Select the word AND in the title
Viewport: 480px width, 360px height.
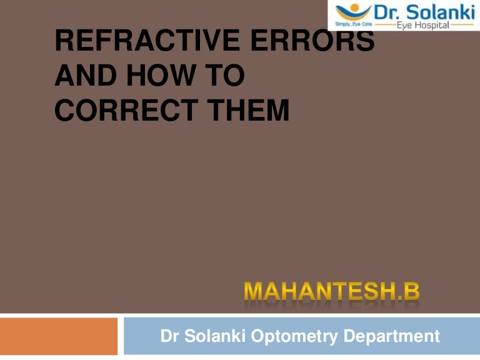point(81,76)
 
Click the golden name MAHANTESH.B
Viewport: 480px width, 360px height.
point(332,292)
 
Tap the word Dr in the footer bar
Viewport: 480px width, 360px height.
point(170,337)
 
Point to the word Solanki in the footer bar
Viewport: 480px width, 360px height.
point(213,337)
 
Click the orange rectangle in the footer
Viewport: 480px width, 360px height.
point(59,336)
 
